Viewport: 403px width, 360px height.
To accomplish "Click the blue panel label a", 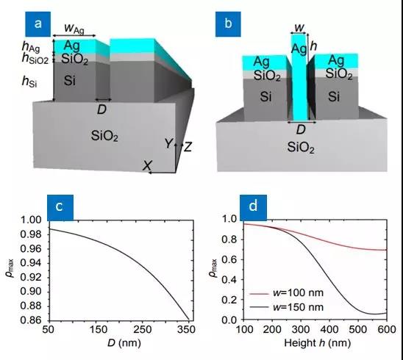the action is [38, 24].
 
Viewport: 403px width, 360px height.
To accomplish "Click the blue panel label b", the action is [228, 24].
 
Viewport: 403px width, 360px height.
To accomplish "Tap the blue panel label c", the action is [60, 207].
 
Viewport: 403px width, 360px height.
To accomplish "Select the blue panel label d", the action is [253, 207].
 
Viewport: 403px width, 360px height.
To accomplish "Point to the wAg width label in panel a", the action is [74, 28].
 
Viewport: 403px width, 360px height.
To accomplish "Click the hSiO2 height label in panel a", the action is [35, 58].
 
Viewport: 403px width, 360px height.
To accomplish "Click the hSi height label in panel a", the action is [29, 82].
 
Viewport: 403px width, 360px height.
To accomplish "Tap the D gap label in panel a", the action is [101, 109].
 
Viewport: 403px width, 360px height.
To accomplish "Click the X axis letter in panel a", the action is [147, 165].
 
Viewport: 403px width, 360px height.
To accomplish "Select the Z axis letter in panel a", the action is [188, 147].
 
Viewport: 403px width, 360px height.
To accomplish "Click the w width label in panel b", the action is [299, 27].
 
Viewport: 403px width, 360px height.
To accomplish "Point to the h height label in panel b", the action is [313, 46].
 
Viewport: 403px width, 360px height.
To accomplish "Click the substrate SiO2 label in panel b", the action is [301, 148].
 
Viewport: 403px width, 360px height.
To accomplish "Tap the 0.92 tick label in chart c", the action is [32, 277].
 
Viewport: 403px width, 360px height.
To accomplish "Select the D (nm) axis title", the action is [124, 343].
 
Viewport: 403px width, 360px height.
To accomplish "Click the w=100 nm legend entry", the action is [287, 292].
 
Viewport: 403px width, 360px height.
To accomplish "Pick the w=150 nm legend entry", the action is [287, 307].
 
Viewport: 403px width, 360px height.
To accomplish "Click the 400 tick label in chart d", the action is [329, 329].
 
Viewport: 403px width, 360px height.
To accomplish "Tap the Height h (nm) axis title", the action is [318, 343].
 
